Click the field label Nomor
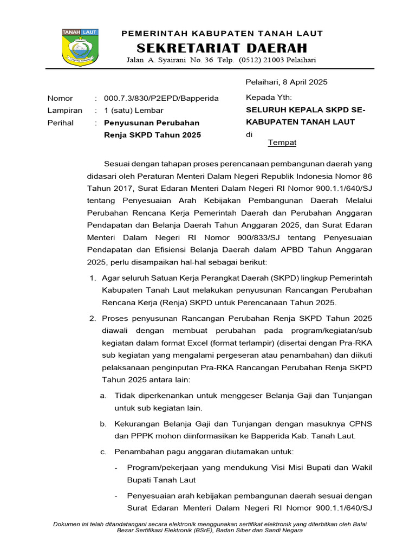coord(60,98)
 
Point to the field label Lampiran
coord(65,110)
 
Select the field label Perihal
coord(61,122)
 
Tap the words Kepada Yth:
coord(269,98)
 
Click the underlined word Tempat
coord(282,142)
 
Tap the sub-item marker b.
coord(103,423)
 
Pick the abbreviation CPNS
coord(360,423)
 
